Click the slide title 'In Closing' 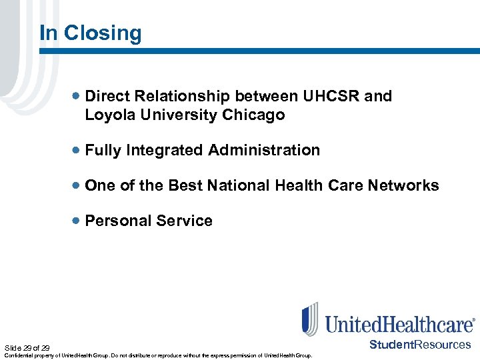[91, 33]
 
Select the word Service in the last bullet [185, 221]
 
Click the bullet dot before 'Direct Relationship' [78, 97]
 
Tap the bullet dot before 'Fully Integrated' [78, 151]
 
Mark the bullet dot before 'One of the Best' [78, 186]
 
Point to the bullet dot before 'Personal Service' [78, 221]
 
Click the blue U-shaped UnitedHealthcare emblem [310, 319]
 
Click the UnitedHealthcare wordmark [399, 324]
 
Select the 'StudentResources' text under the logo [420, 345]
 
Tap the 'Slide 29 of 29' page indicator [27, 348]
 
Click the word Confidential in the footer [17, 356]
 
